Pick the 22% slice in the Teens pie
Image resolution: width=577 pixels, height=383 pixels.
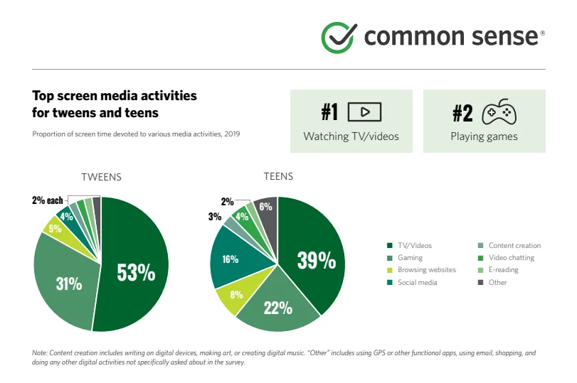point(277,307)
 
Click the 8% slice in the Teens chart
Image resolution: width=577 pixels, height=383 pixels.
point(236,294)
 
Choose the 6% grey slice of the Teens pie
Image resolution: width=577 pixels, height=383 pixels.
point(266,207)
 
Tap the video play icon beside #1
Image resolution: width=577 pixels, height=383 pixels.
point(364,112)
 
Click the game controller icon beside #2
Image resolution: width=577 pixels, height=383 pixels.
point(499,112)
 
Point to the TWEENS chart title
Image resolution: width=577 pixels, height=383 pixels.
point(101,177)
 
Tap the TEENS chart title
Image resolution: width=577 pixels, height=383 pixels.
point(277,177)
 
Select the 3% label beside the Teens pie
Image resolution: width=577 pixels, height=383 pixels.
point(214,217)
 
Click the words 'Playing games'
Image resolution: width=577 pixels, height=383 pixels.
point(484,136)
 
